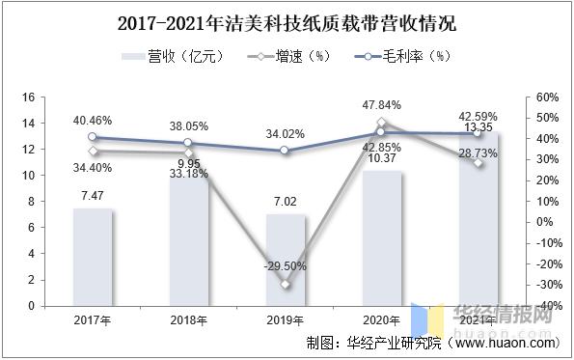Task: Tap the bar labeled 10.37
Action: point(381,238)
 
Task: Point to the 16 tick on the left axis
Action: point(29,97)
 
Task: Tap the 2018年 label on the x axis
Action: point(189,319)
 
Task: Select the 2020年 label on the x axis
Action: point(381,319)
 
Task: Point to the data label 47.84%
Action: point(381,105)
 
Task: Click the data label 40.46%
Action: point(93,121)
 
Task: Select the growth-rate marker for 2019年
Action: point(285,284)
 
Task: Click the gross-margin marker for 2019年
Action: point(285,151)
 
